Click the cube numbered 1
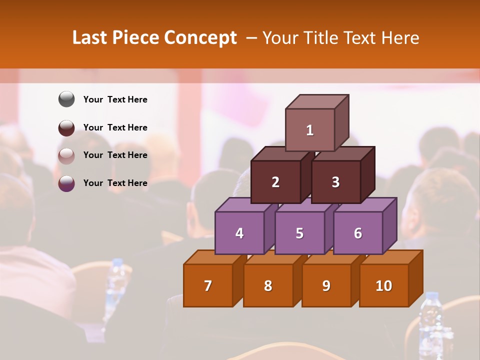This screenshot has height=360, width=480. tap(310, 130)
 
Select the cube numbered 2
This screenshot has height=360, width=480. tap(275, 182)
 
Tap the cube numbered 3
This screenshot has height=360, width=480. tap(335, 182)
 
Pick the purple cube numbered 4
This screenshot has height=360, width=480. tap(239, 233)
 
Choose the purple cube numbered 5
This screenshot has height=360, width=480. tap(299, 233)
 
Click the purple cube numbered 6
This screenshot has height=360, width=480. tap(358, 233)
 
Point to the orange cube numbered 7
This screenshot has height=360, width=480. tap(208, 285)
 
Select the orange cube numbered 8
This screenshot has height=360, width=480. tap(268, 285)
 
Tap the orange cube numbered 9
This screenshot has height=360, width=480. tap(326, 285)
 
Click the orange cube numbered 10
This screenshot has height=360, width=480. tap(383, 285)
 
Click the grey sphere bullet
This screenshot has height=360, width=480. tap(66, 99)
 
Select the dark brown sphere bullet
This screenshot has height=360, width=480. tap(66, 127)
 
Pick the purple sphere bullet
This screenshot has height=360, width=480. tap(66, 183)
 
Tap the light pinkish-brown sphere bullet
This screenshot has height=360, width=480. tap(66, 155)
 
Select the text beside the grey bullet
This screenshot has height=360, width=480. tap(115, 99)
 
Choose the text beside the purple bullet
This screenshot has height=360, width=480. tap(115, 183)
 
